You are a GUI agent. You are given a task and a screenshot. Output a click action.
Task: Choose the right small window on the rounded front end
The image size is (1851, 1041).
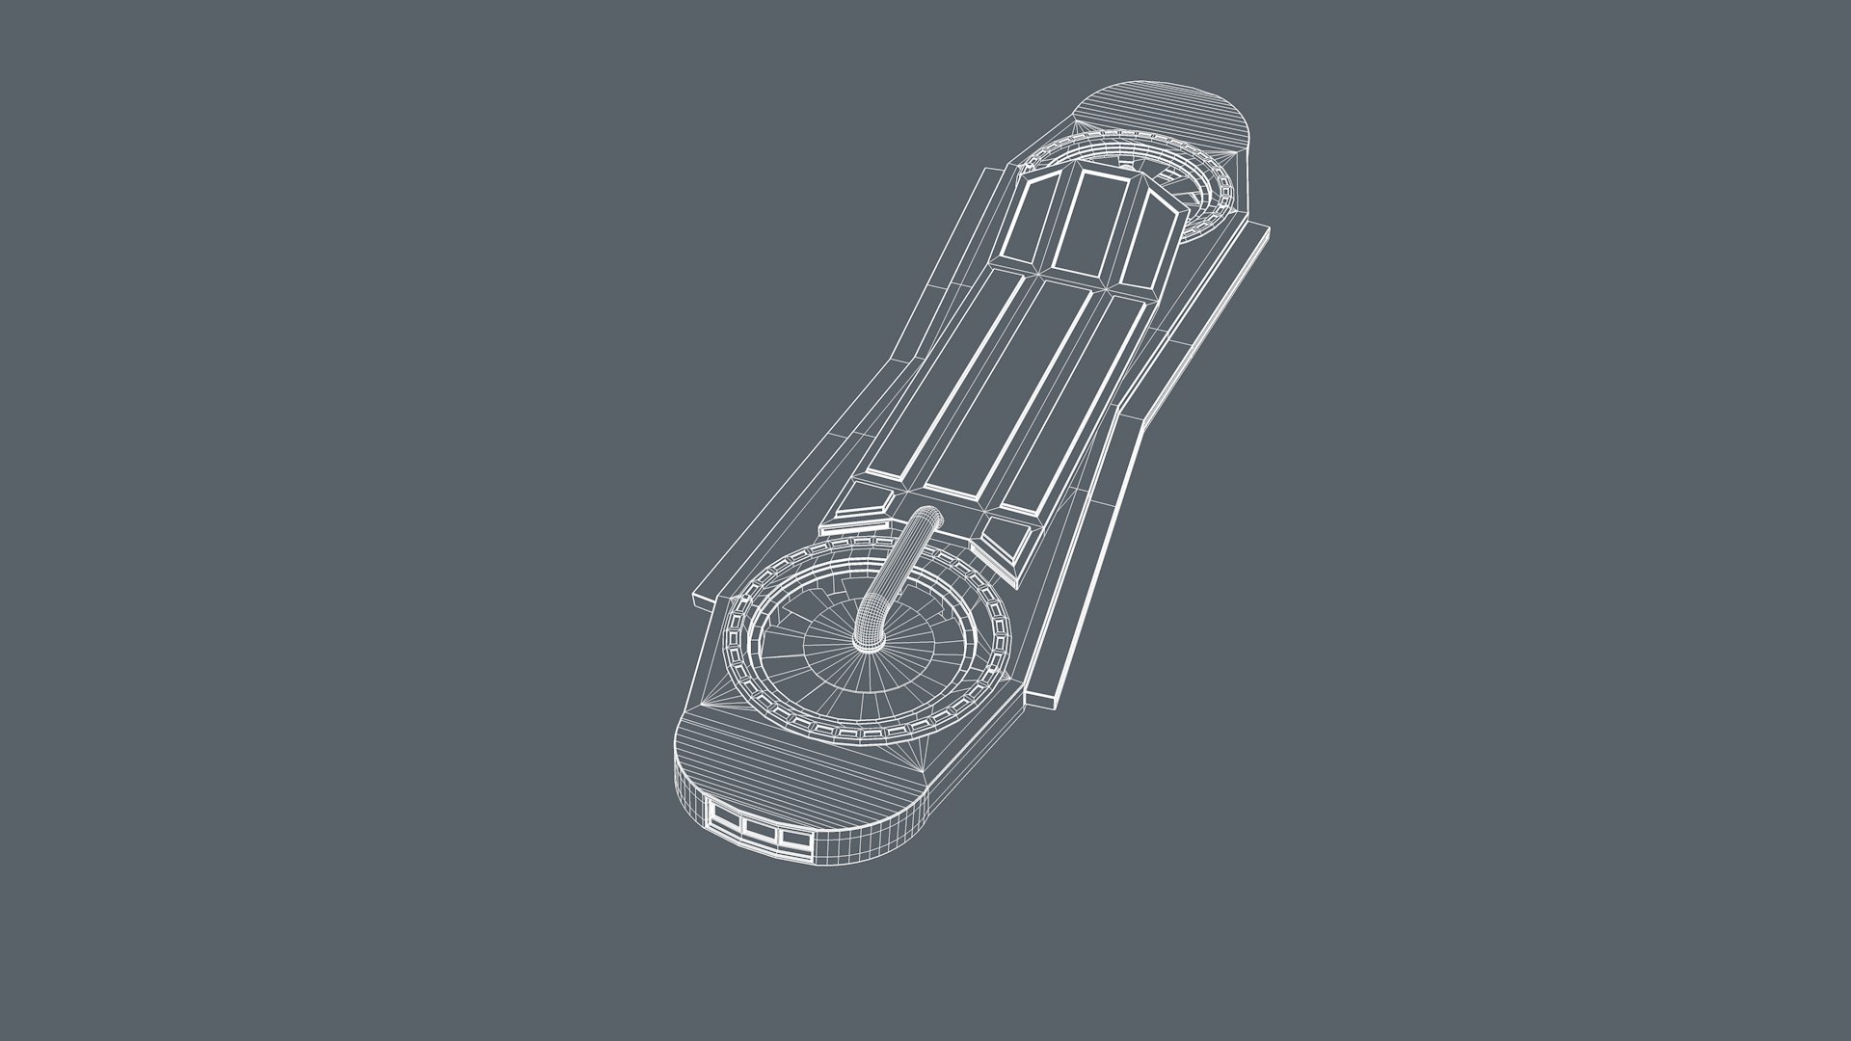[x=794, y=840]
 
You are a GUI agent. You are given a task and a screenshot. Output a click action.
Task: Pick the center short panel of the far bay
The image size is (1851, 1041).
[x=1090, y=222]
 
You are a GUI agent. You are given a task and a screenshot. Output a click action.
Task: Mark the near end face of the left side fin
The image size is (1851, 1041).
[x=703, y=600]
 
